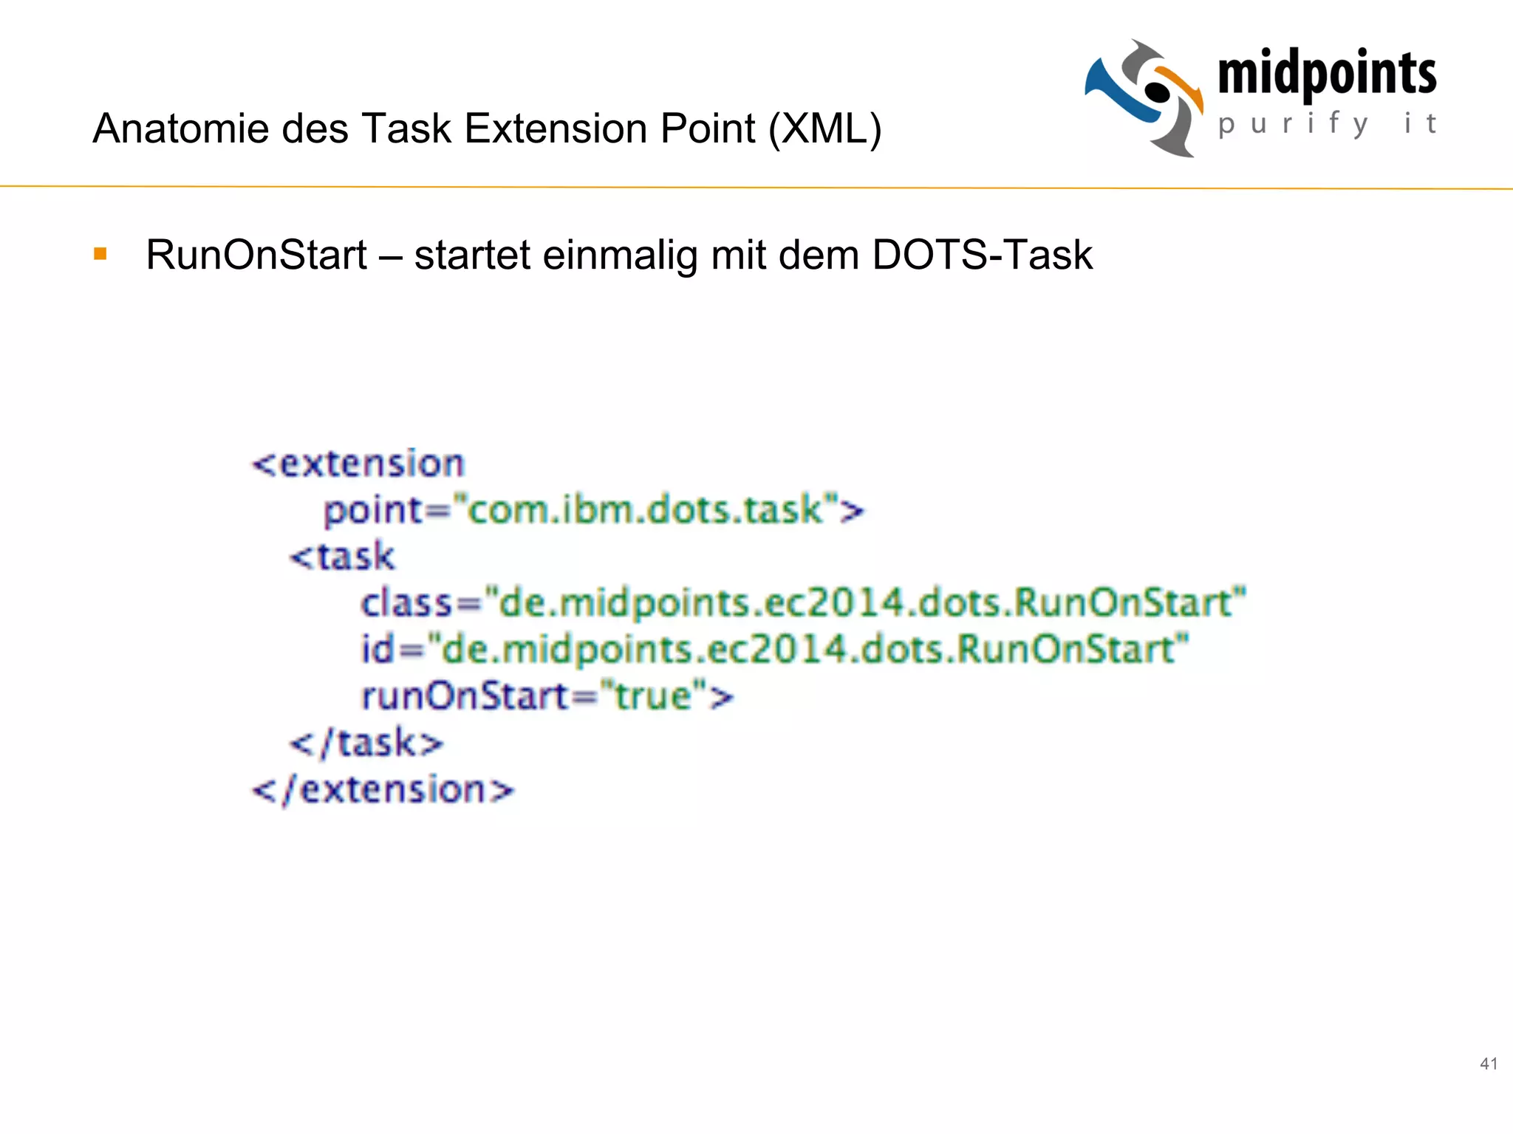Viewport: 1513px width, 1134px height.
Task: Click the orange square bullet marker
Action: [x=100, y=255]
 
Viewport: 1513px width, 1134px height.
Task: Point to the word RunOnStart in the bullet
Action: [x=256, y=255]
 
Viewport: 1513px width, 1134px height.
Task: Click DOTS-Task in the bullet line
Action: [x=982, y=255]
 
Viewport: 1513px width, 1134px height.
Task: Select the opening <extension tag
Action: [x=358, y=464]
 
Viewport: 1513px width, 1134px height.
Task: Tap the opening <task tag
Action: [x=342, y=557]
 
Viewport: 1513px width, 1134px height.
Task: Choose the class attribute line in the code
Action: [x=803, y=602]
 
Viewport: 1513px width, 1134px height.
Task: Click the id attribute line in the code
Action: [x=775, y=650]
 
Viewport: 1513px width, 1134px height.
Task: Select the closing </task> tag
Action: [x=366, y=743]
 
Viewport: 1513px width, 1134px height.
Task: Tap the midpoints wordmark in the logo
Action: [x=1327, y=74]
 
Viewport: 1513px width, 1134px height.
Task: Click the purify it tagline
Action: [x=1327, y=123]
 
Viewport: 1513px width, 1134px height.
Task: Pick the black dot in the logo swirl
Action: [x=1158, y=92]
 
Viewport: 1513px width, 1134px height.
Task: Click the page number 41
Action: [x=1489, y=1064]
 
